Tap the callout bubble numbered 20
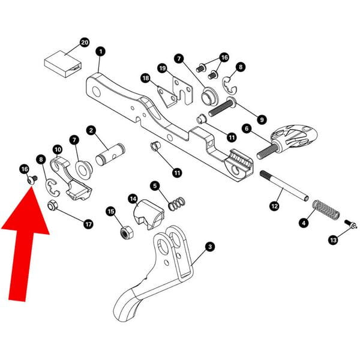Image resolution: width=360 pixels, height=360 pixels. tap(84, 43)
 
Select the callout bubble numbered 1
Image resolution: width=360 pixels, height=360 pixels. tap(100, 52)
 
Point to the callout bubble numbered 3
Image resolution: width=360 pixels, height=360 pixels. tap(209, 246)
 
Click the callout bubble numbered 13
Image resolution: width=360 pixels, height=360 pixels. tap(334, 240)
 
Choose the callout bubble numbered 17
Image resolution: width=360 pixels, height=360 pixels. tap(88, 224)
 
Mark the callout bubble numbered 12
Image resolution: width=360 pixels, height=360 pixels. tap(274, 206)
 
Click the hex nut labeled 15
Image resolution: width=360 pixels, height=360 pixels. tap(127, 231)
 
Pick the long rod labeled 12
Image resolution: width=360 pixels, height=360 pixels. tap(284, 185)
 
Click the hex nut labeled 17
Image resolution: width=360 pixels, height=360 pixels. tap(52, 208)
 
